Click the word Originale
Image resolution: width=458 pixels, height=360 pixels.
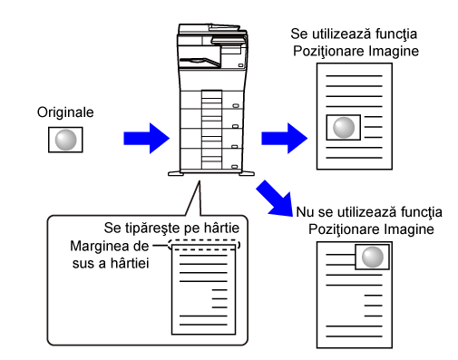pyautogui.click(x=65, y=112)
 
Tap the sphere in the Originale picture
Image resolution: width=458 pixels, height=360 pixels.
pyautogui.click(x=65, y=140)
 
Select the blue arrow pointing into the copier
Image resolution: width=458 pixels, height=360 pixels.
pyautogui.click(x=147, y=139)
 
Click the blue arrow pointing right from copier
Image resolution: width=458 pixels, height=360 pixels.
pyautogui.click(x=285, y=139)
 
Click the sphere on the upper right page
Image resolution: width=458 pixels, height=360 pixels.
pyautogui.click(x=344, y=128)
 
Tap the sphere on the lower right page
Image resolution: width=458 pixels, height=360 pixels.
pyautogui.click(x=373, y=257)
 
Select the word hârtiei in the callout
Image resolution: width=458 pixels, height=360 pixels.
pyautogui.click(x=130, y=263)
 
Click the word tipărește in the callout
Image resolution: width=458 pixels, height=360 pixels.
pyautogui.click(x=151, y=229)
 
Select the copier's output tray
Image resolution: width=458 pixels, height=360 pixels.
pyautogui.click(x=200, y=62)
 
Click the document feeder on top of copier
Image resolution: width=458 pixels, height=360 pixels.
pyautogui.click(x=211, y=30)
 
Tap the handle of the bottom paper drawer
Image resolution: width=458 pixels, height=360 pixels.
pyautogui.click(x=235, y=167)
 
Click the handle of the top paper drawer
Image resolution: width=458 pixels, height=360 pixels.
pyautogui.click(x=236, y=106)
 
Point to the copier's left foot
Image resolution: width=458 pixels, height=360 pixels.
pyautogui.click(x=176, y=174)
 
